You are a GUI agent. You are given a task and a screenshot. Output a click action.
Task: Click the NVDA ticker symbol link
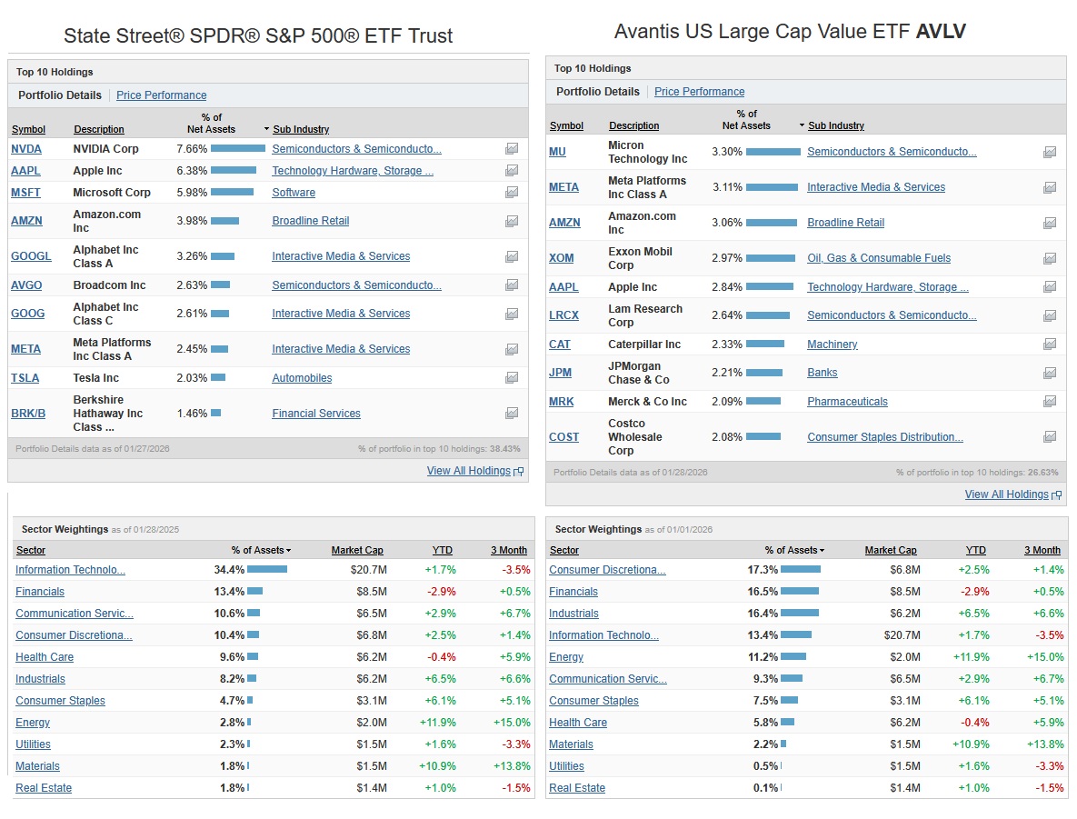click(26, 149)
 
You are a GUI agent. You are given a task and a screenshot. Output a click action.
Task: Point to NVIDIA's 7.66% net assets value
click(192, 149)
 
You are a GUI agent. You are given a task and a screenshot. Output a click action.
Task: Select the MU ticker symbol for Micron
click(557, 152)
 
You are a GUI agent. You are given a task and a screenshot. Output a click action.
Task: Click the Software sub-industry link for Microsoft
click(294, 193)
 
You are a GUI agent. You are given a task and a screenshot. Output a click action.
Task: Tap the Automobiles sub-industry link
click(302, 378)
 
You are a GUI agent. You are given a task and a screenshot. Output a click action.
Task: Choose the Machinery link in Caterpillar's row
click(832, 345)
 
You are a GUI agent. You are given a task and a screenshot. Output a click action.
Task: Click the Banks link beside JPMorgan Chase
click(822, 373)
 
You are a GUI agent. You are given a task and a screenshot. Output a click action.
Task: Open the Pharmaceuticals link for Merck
click(847, 402)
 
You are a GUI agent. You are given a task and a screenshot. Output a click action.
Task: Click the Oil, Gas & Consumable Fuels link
click(878, 258)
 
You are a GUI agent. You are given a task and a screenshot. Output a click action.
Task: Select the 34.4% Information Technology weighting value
click(229, 570)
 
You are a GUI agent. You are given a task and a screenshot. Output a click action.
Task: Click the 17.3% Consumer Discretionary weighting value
click(763, 570)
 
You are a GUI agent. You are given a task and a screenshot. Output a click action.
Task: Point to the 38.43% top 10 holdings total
click(505, 449)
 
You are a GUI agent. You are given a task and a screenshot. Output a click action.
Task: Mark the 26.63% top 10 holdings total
click(1043, 473)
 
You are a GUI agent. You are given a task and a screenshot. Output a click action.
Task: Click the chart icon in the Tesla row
click(512, 378)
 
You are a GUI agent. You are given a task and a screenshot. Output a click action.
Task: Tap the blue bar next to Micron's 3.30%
click(773, 152)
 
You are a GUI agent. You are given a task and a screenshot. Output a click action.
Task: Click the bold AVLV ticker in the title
click(941, 32)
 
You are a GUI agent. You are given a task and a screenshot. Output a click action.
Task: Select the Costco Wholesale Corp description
click(634, 437)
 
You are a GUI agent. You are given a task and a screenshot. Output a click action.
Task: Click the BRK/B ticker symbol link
click(28, 414)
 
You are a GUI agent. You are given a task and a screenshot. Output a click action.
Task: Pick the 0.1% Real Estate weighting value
click(764, 788)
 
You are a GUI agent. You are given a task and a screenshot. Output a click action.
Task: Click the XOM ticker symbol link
click(561, 258)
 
